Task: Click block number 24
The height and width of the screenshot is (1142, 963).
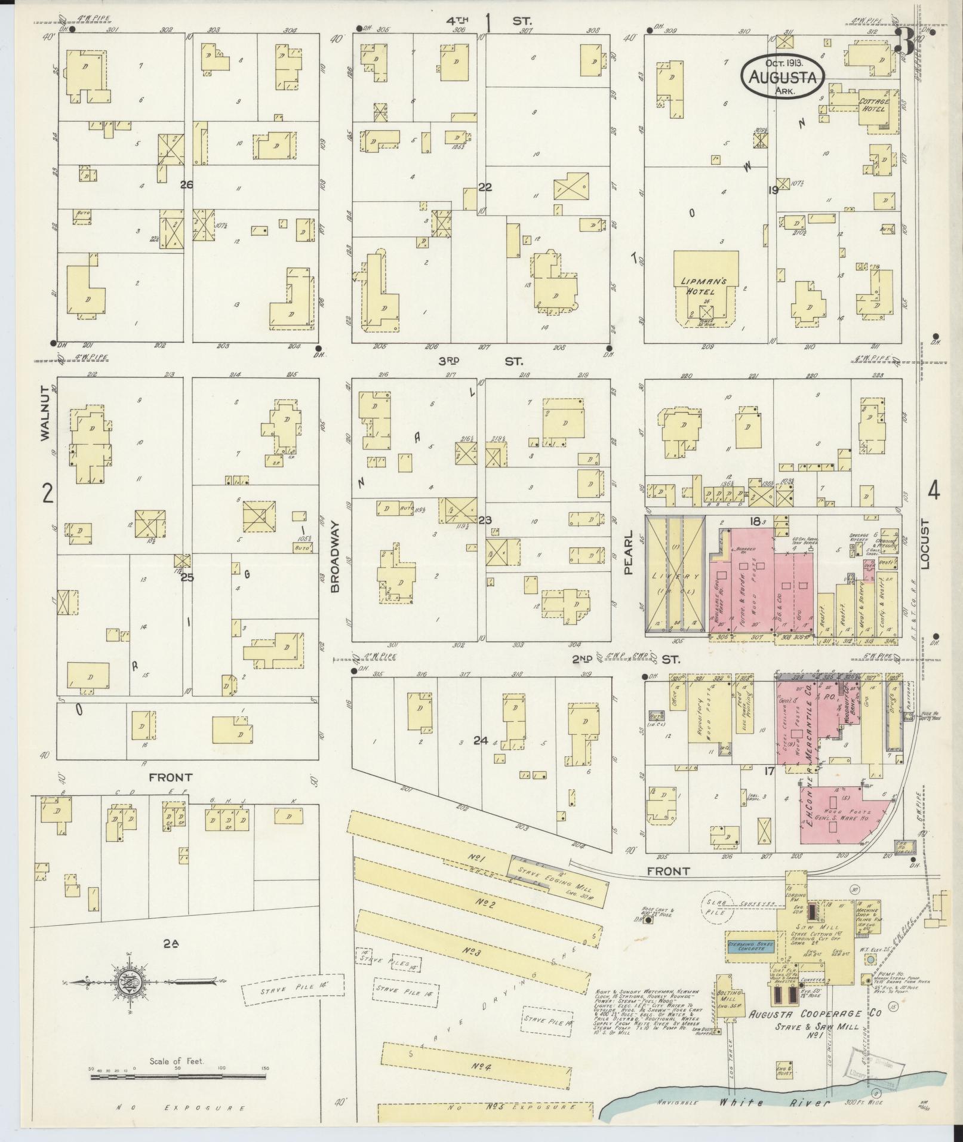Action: pyautogui.click(x=481, y=741)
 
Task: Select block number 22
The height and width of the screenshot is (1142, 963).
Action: pyautogui.click(x=484, y=187)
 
